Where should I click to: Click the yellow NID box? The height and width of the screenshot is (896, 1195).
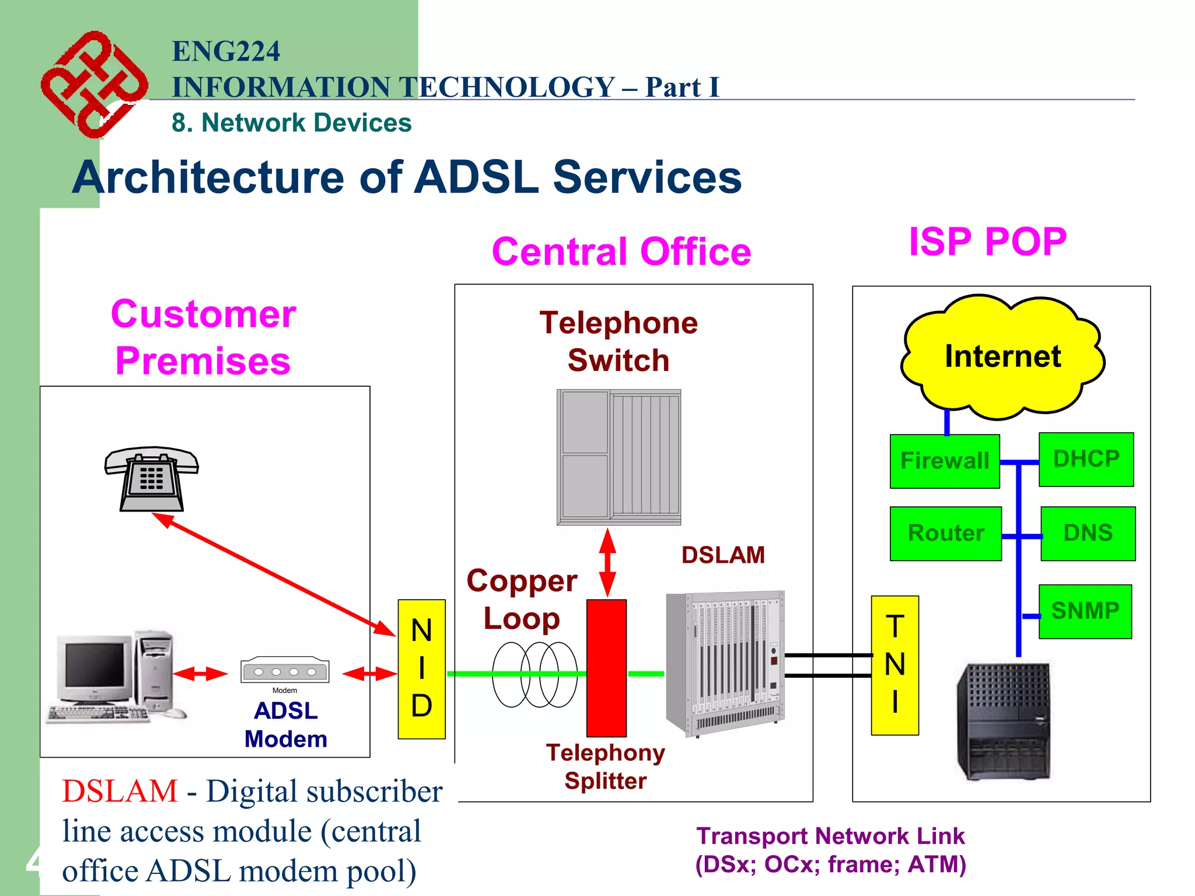[421, 669]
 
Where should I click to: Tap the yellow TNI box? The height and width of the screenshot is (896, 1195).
[894, 665]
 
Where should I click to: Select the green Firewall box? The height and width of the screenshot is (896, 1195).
[944, 461]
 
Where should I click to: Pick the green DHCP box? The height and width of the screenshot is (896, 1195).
[1086, 459]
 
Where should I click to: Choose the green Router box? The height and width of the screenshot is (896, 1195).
[945, 533]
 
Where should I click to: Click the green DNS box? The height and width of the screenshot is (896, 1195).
[1088, 533]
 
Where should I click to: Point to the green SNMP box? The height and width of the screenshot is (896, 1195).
[1085, 611]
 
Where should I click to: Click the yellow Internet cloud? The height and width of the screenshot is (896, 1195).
[1002, 357]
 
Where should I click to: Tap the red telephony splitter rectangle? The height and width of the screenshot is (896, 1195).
[606, 668]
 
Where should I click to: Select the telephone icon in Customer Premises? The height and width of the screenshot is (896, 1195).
[151, 478]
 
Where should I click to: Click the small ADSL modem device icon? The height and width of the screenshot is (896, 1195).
[285, 671]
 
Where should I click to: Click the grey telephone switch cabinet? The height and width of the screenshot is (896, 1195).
[619, 457]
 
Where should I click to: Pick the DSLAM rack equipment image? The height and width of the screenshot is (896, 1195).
[725, 662]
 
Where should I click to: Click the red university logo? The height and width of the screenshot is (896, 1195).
[93, 85]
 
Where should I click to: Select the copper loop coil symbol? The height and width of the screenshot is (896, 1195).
[534, 674]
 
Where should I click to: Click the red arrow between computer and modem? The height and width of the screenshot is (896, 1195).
[200, 674]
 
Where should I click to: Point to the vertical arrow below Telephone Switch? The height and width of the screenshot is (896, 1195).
[607, 562]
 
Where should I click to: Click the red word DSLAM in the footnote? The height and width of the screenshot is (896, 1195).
[120, 792]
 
